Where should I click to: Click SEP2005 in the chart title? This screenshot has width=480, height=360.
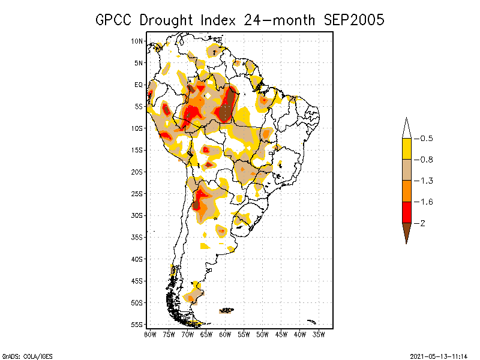click(354, 20)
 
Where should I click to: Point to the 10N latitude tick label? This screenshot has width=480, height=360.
click(137, 41)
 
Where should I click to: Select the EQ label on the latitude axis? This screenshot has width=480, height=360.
click(139, 85)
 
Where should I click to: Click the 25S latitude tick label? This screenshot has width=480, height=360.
click(137, 193)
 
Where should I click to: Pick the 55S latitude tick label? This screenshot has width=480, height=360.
click(137, 324)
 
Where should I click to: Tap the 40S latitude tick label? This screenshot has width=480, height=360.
click(137, 259)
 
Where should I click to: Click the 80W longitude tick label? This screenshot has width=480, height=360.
click(150, 334)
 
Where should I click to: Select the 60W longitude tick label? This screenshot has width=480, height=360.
click(225, 334)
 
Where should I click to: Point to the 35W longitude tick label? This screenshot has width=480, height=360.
click(319, 334)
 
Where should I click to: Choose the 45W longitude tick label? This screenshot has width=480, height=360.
click(281, 334)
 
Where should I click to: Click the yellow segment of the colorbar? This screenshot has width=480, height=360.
click(406, 149)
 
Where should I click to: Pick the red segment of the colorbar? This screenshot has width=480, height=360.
click(406, 212)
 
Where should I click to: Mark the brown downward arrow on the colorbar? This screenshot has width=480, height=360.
click(406, 231)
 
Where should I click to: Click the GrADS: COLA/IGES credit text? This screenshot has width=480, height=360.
click(22, 355)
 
